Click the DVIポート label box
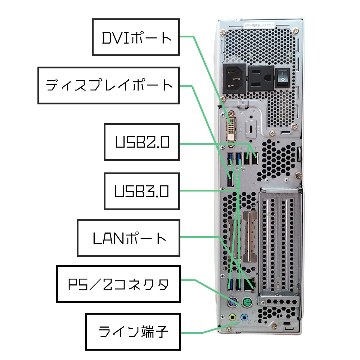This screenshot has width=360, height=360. click(136, 37)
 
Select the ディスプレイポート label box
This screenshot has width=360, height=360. click(109, 85)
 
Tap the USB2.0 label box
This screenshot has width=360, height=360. click(141, 142)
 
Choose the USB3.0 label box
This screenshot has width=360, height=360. click(141, 191)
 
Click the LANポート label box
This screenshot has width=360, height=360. click(129, 238)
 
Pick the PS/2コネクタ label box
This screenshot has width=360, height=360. click(118, 284)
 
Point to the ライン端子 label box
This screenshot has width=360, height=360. click(133, 331)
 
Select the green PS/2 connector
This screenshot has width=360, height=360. click(247, 302)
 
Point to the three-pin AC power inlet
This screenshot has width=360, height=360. click(235, 77)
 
